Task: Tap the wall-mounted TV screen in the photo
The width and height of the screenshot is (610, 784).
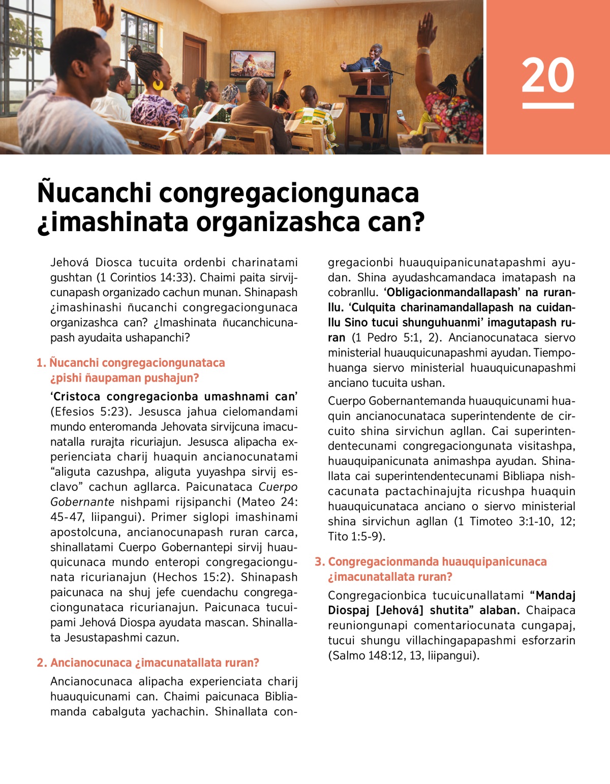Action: pos(253,64)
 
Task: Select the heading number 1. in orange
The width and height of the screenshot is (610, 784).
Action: pos(41,363)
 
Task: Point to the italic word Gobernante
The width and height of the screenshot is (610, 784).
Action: pos(82,502)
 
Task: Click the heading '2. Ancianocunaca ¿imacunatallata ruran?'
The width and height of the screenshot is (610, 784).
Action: pos(148,663)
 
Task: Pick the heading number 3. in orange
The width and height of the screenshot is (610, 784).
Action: pos(319,562)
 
